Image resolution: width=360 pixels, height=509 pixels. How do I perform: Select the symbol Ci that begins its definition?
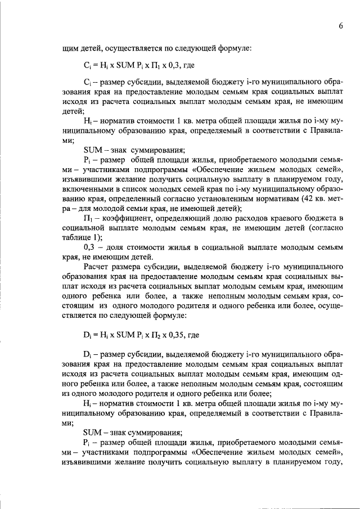click(87, 82)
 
